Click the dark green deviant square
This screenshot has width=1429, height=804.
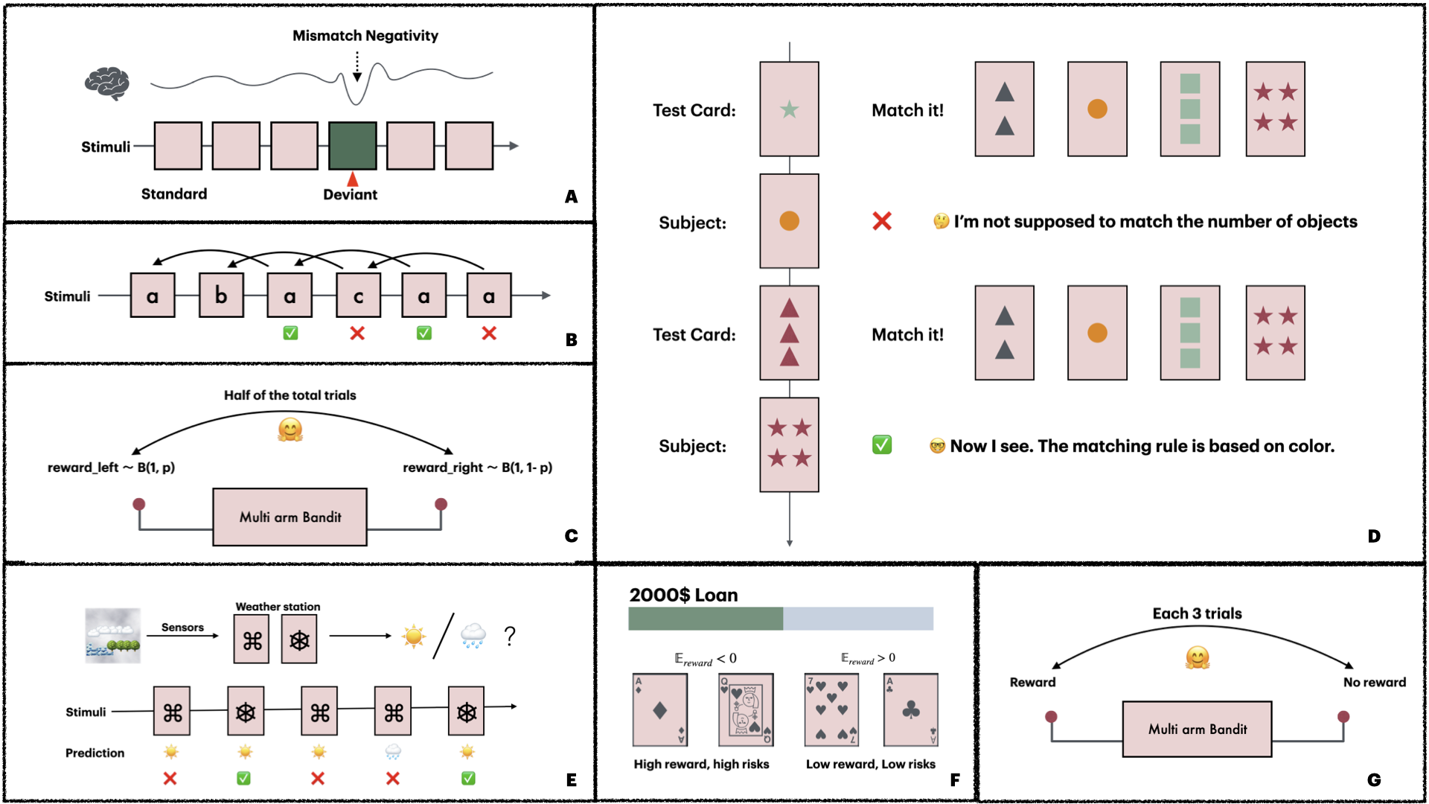click(x=353, y=146)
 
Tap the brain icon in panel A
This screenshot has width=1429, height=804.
click(x=107, y=83)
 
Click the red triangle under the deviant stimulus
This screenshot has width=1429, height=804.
click(x=353, y=179)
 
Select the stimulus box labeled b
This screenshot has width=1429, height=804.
click(x=221, y=296)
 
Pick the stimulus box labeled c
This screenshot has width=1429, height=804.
click(x=358, y=296)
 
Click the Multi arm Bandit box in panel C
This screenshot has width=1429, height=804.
click(x=290, y=517)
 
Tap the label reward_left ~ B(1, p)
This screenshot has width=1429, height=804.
click(x=112, y=468)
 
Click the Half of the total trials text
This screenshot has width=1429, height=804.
click(x=290, y=395)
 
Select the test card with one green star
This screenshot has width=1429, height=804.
click(x=789, y=109)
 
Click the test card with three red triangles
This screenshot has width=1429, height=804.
click(x=789, y=333)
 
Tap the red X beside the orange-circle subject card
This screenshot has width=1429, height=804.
click(x=882, y=221)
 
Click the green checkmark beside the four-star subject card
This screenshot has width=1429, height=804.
click(x=882, y=445)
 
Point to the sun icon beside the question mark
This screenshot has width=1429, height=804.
click(x=414, y=636)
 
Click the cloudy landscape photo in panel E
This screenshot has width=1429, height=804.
click(x=112, y=636)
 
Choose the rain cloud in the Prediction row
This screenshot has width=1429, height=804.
click(x=393, y=752)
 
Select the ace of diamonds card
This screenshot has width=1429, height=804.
click(x=660, y=710)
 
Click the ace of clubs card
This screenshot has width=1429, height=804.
click(x=911, y=710)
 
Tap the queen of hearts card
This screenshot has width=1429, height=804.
click(x=746, y=710)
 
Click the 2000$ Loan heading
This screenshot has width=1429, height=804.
click(x=683, y=595)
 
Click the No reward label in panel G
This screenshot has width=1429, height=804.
click(x=1375, y=682)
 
